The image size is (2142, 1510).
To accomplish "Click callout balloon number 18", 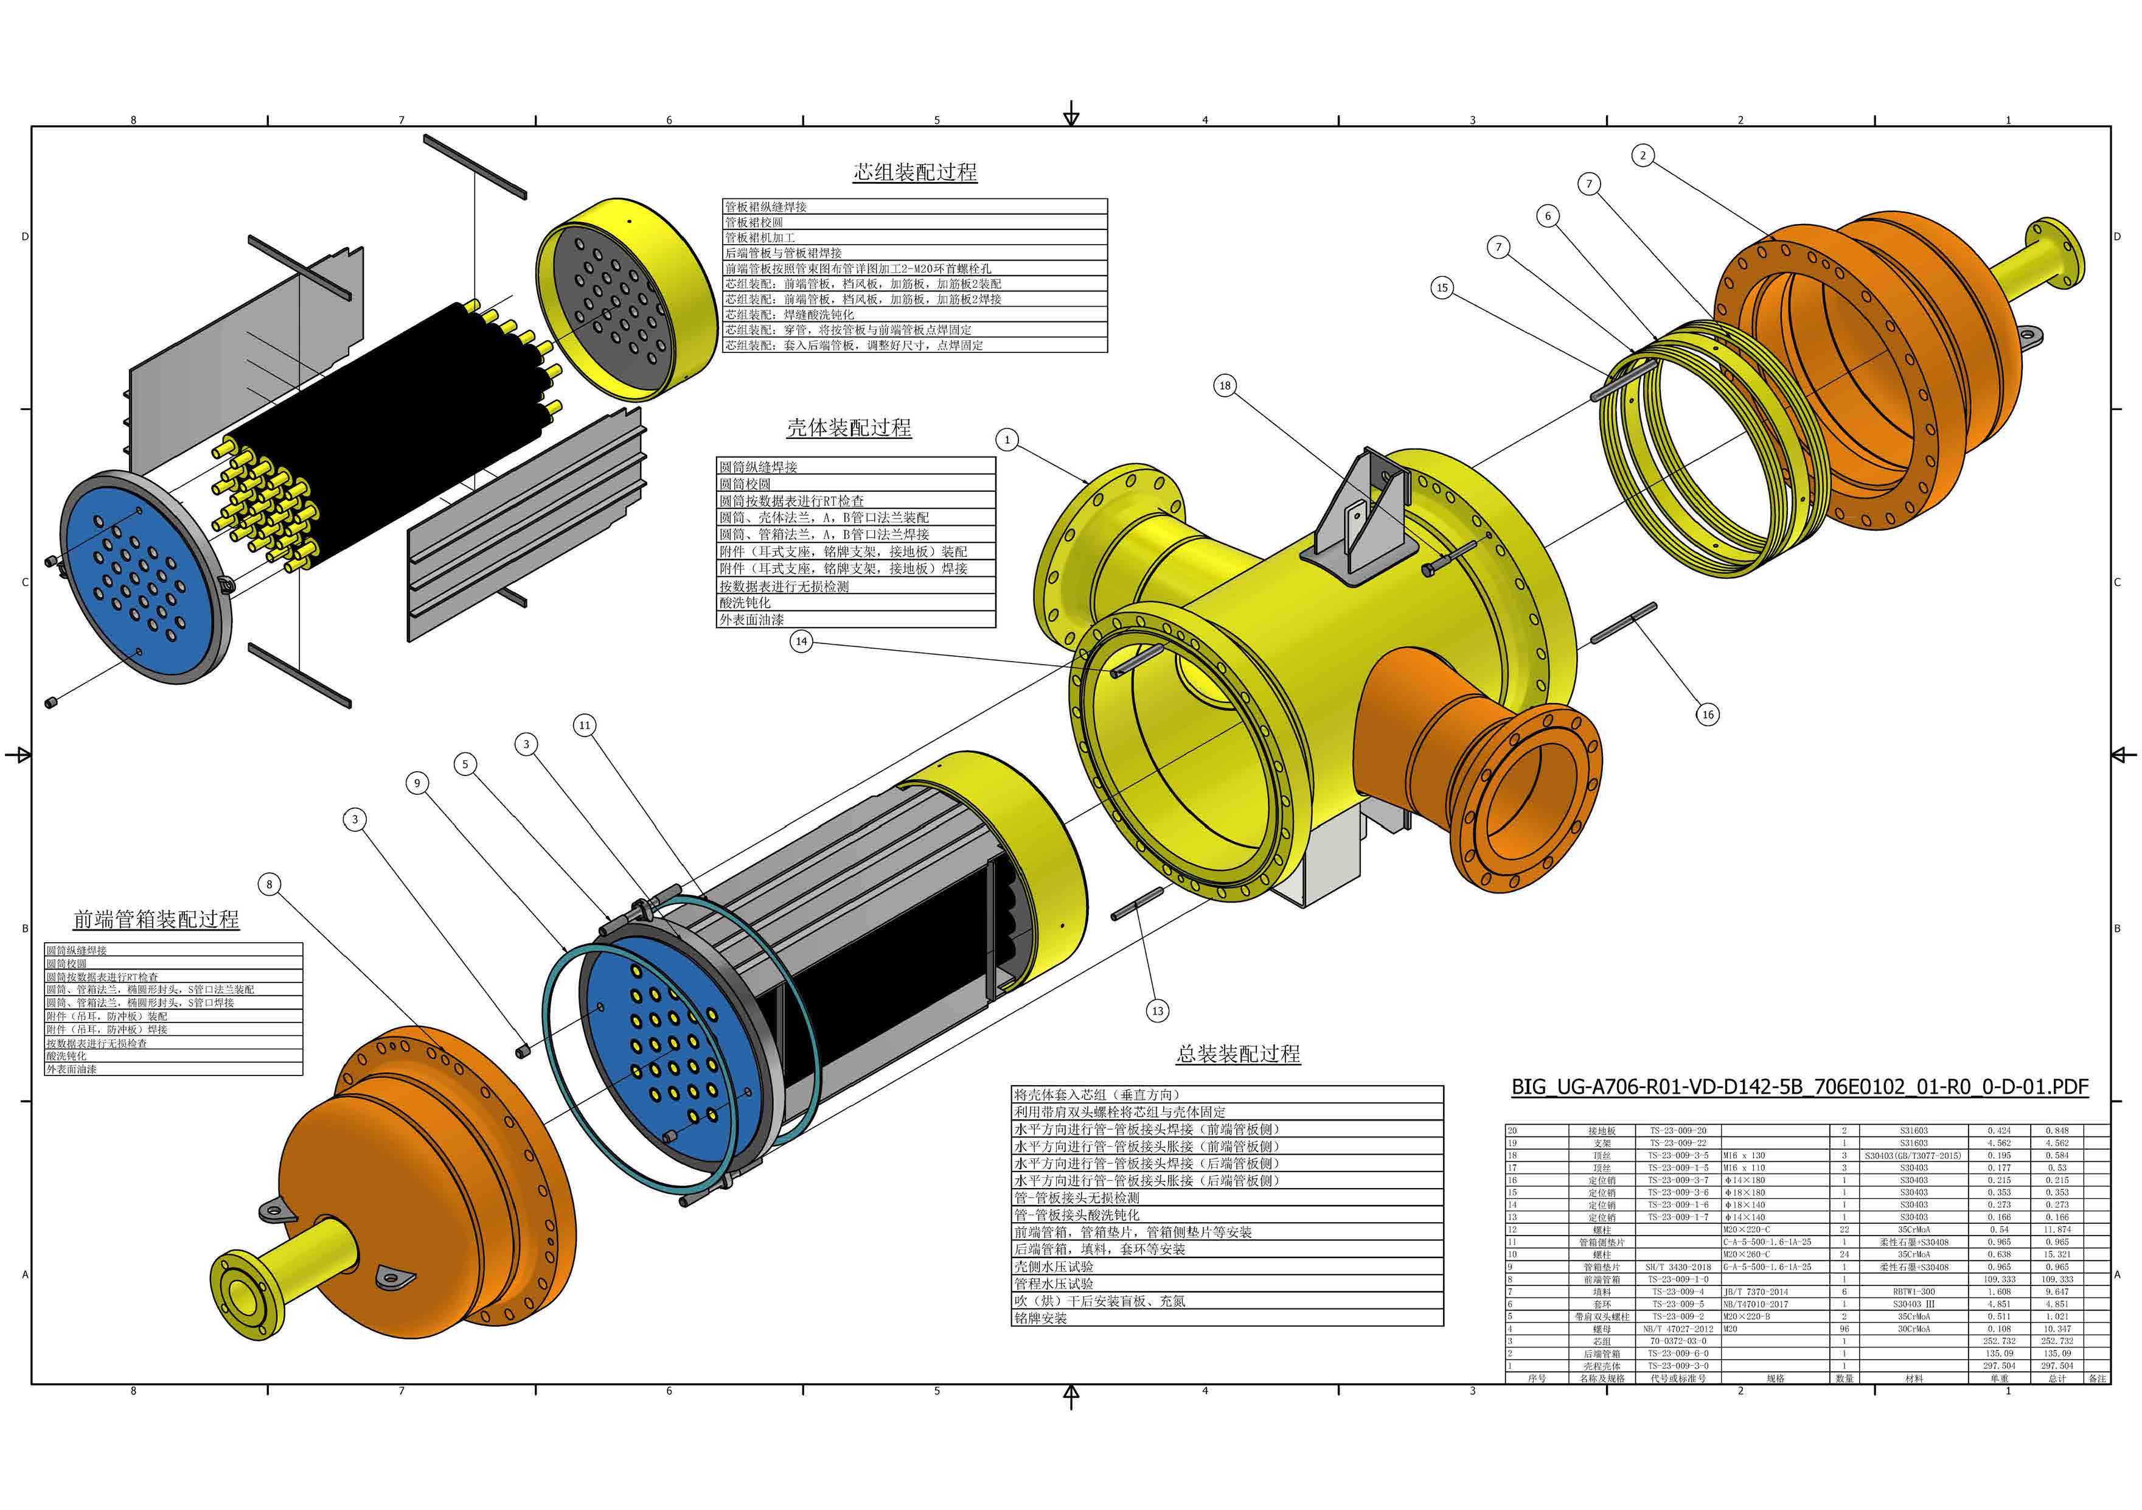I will tap(1225, 385).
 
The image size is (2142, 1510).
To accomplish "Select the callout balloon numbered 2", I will tap(1643, 155).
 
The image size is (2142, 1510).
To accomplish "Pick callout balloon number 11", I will tap(585, 725).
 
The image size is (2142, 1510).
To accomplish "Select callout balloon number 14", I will tap(801, 641).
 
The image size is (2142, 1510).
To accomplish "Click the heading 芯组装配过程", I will tap(915, 172).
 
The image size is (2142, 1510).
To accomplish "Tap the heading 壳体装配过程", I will tap(849, 427).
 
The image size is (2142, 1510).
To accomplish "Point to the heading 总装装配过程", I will tap(1238, 1054).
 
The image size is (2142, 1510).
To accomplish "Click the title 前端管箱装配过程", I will tap(157, 919).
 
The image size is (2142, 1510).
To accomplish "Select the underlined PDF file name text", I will tap(1799, 1087).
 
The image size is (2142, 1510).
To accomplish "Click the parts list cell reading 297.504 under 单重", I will tap(1998, 1365).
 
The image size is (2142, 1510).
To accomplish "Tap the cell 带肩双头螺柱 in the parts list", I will tap(1602, 1317).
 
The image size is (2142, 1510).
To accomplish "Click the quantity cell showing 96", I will tap(1845, 1329).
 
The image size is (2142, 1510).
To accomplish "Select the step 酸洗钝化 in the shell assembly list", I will tap(745, 603).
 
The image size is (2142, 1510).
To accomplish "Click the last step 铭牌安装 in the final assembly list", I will tap(1040, 1318).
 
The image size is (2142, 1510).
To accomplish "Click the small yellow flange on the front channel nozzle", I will tap(245, 1296).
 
